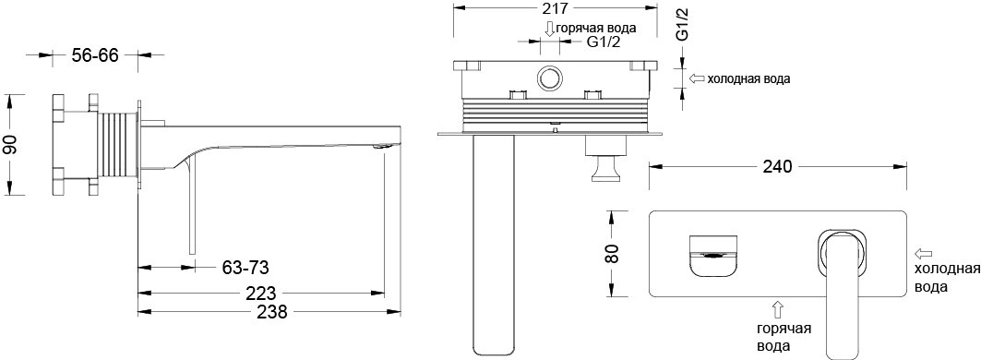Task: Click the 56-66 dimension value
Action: [x=95, y=55]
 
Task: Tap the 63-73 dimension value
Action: [x=245, y=268]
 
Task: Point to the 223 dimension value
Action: [x=261, y=292]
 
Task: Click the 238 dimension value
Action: [x=261, y=312]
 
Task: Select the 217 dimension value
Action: [x=556, y=11]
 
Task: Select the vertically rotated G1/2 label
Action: [x=683, y=23]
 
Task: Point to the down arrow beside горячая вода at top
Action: [x=549, y=29]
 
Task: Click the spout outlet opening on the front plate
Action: [x=714, y=251]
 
